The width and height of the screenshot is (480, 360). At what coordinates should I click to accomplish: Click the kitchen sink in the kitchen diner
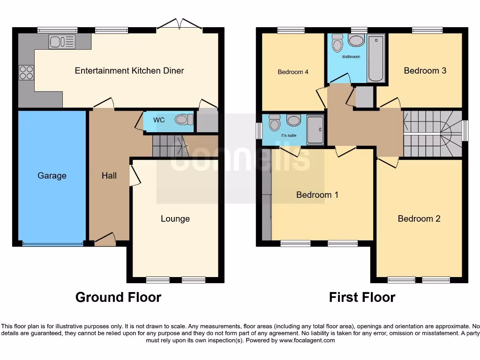pos(61,42)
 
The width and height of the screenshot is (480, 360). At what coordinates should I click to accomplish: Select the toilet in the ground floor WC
pos(183,120)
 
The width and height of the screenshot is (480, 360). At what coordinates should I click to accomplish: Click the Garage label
pos(52,176)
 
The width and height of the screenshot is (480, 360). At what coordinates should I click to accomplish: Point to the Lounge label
pos(175,218)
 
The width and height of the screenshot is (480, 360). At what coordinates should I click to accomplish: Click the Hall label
pos(109,176)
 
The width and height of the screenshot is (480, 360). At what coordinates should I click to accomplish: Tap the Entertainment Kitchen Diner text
pos(129,71)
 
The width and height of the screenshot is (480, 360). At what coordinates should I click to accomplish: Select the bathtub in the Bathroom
pos(376,59)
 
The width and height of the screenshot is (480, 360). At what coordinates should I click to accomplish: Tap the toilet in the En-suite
pos(275,123)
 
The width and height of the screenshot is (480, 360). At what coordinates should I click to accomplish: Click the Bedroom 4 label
pos(293,72)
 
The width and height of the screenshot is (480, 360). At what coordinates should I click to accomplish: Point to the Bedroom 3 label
pos(425,70)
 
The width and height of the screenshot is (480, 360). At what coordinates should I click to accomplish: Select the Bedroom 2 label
pos(419,218)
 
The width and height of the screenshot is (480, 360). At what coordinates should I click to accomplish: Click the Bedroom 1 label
pos(317,195)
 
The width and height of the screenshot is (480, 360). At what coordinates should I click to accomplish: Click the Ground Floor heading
pos(118,297)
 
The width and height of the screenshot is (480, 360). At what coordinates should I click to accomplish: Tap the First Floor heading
pos(362,297)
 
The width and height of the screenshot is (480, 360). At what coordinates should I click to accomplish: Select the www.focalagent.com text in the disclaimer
pos(307,340)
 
